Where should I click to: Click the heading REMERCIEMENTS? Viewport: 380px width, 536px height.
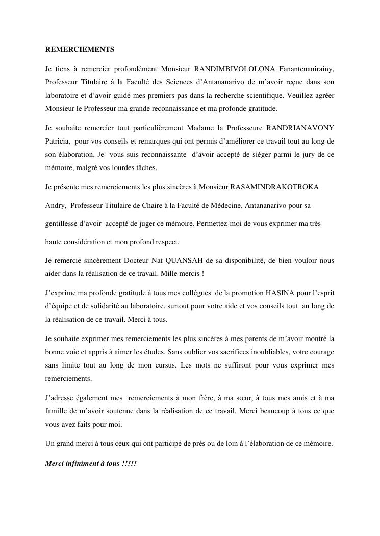tap(80, 49)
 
